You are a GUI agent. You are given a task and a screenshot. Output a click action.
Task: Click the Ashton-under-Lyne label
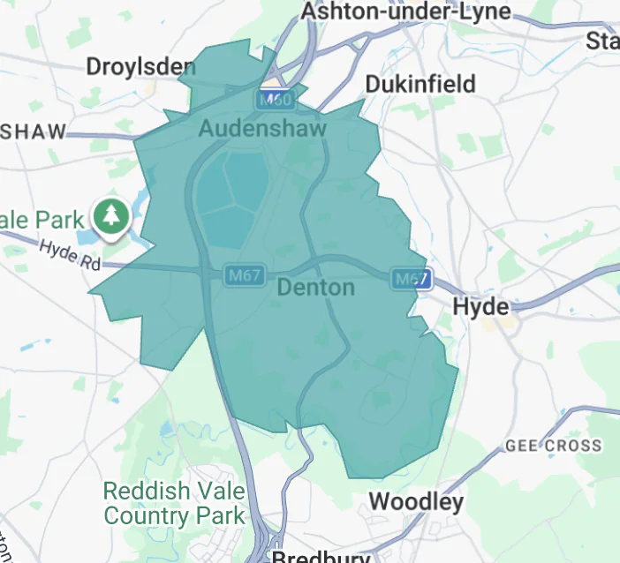(405, 11)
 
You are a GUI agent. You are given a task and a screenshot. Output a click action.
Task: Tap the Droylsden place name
(140, 66)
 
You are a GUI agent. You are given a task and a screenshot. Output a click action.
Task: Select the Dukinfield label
(420, 85)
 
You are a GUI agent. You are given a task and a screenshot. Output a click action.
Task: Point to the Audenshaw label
(262, 128)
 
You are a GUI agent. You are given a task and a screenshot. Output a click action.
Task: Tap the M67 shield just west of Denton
(242, 274)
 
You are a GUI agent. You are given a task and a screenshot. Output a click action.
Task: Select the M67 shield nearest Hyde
(412, 280)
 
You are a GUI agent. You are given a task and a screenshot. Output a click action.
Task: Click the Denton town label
(315, 288)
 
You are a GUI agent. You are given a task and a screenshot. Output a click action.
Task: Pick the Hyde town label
(480, 307)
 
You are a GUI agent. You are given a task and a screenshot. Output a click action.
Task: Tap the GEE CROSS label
(553, 447)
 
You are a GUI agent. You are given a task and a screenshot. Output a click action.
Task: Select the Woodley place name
(415, 502)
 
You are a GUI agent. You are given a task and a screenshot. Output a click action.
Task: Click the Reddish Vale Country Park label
(173, 502)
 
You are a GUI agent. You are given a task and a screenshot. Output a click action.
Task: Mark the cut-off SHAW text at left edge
(33, 132)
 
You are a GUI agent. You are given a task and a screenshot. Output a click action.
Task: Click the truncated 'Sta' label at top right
(603, 41)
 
